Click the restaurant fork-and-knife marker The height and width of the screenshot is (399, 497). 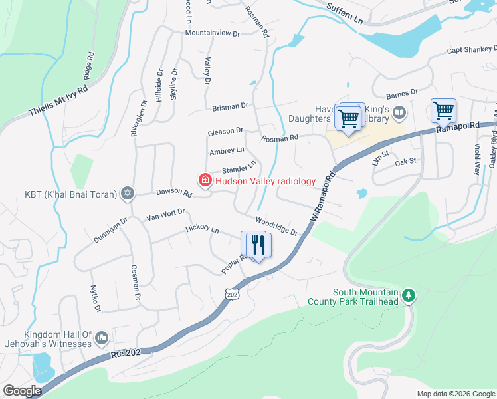256,245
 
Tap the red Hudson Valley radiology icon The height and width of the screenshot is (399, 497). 205,180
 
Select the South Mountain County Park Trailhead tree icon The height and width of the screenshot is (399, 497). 410,294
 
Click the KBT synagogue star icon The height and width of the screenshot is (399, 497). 128,194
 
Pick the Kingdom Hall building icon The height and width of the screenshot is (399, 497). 101,338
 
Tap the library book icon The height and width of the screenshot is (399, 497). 399,112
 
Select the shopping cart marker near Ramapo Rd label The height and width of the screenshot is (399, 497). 443,110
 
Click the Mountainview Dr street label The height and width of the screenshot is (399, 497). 211,33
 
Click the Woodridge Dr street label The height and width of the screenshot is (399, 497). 276,225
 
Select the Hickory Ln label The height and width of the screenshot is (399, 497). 202,230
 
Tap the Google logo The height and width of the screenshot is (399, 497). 22,391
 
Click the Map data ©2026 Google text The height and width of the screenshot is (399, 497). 455,394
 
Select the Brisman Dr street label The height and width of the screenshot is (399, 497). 230,106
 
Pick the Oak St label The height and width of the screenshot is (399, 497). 405,162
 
